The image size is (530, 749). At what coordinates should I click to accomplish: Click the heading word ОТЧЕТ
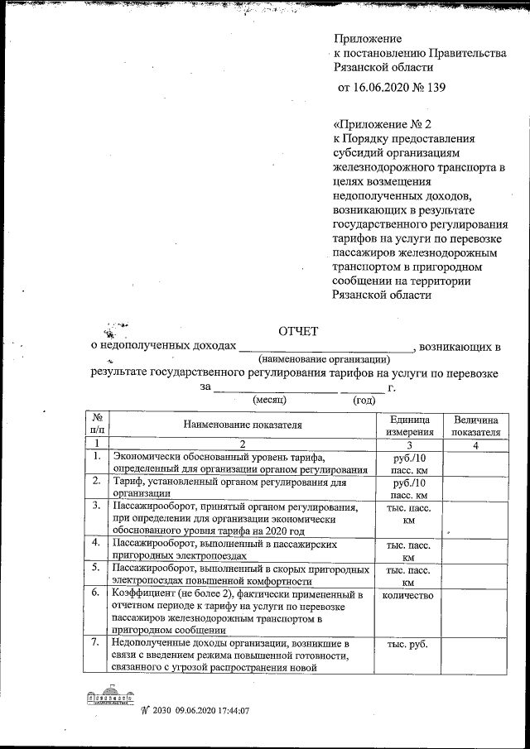pyautogui.click(x=297, y=332)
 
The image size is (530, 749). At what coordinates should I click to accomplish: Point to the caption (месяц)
pyautogui.click(x=269, y=400)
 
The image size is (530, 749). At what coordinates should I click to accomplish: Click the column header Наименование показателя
pyautogui.click(x=243, y=425)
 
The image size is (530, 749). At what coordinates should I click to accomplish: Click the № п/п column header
pyautogui.click(x=97, y=425)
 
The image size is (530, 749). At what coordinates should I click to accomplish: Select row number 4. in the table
pyautogui.click(x=97, y=543)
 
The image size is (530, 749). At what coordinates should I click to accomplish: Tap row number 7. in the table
pyautogui.click(x=97, y=643)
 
